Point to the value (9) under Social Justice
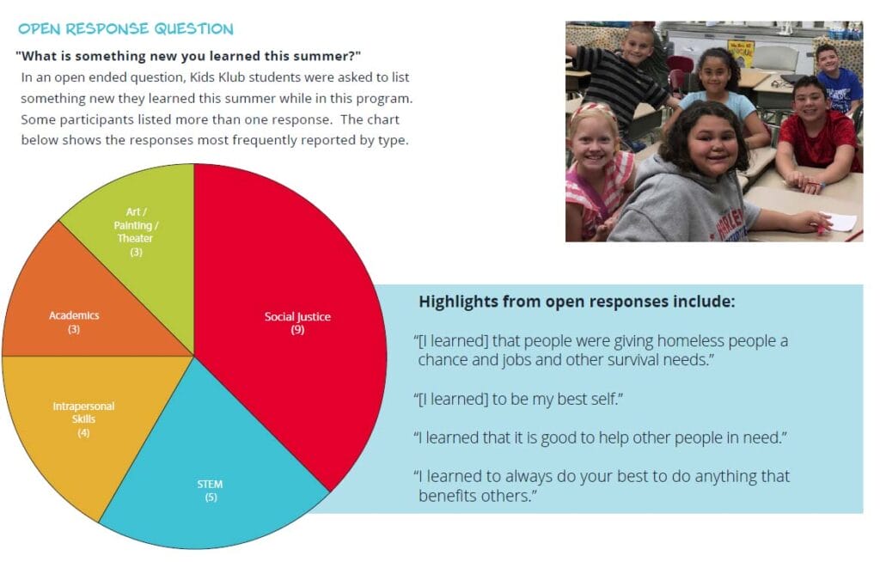(297, 330)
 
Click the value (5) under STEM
(210, 498)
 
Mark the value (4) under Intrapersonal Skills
(83, 432)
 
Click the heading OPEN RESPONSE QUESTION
(125, 29)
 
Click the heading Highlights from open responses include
(576, 302)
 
